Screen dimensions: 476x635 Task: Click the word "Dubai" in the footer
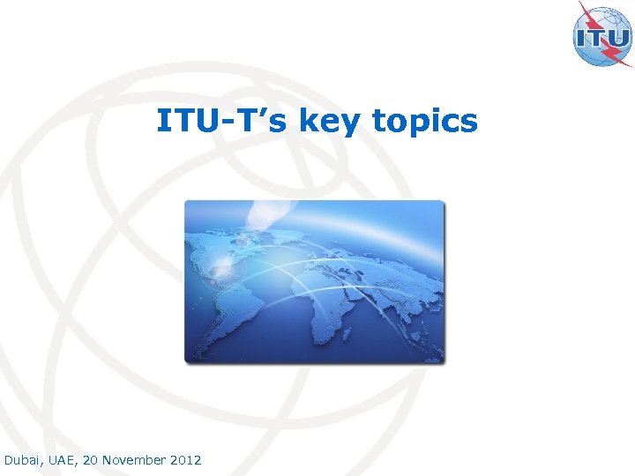[x=21, y=460]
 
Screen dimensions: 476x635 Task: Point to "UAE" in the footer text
[x=61, y=460]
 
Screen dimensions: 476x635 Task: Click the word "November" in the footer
[x=135, y=460]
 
